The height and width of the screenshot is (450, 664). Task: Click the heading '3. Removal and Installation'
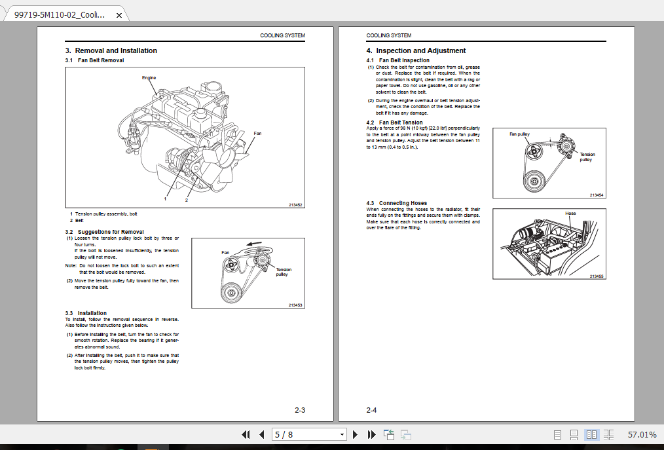click(x=111, y=50)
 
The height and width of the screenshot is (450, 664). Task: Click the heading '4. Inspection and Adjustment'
click(x=416, y=50)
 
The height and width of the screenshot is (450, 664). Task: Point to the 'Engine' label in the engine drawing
click(x=149, y=78)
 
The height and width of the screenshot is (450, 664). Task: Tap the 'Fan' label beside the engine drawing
click(x=257, y=134)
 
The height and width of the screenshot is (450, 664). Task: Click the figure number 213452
click(x=296, y=205)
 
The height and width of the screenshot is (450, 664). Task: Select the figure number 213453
click(x=296, y=305)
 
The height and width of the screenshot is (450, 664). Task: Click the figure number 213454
click(x=597, y=195)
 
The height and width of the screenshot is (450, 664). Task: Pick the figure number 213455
click(x=597, y=276)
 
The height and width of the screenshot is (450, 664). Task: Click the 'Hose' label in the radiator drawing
click(x=570, y=214)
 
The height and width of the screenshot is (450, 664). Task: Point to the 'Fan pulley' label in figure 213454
click(x=519, y=134)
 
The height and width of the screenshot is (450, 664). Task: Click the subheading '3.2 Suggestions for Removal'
click(x=104, y=232)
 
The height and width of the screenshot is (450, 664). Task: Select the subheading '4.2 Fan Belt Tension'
click(x=394, y=122)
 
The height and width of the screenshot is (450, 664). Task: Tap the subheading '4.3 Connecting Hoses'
click(x=396, y=203)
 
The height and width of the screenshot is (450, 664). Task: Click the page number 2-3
click(x=300, y=411)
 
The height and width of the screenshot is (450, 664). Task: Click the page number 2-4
click(x=371, y=411)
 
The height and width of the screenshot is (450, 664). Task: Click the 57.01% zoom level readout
click(x=641, y=434)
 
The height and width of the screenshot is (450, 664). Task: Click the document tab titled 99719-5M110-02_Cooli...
click(x=59, y=14)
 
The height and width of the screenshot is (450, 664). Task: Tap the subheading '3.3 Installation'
click(x=86, y=313)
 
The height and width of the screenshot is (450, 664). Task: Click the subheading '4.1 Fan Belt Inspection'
click(x=398, y=60)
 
